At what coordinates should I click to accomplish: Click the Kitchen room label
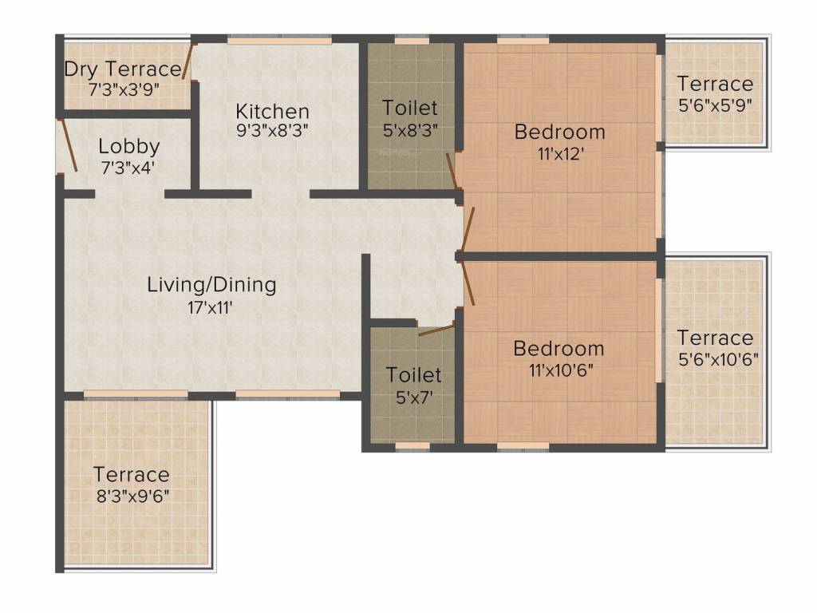272,111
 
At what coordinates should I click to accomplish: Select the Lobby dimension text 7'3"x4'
127,168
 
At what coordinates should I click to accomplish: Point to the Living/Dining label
211,284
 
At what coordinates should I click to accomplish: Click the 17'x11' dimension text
211,306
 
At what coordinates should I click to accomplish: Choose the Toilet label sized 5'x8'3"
410,107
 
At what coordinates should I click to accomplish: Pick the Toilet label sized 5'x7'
413,374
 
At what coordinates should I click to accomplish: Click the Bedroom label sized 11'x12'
559,132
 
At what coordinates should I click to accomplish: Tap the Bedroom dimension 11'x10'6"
558,370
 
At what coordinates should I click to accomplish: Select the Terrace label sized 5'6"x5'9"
715,84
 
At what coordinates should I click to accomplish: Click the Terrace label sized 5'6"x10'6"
715,338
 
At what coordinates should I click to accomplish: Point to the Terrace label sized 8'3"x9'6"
131,474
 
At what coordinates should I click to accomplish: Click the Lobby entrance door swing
67,145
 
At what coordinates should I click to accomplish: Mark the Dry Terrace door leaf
189,61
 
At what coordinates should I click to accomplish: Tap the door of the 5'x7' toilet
436,328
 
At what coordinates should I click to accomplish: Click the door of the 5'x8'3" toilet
452,171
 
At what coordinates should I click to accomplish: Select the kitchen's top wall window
278,38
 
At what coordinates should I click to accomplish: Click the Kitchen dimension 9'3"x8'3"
272,131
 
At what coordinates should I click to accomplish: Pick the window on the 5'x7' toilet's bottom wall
412,446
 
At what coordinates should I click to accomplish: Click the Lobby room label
129,147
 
